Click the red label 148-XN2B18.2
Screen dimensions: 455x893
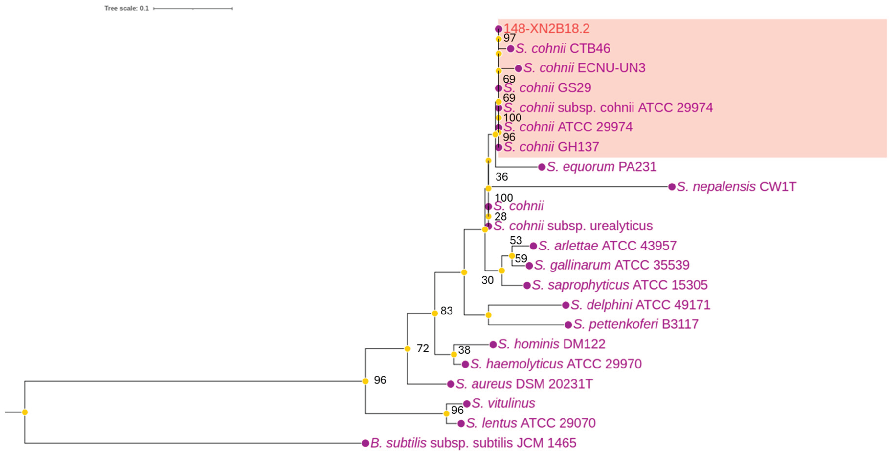(x=546, y=29)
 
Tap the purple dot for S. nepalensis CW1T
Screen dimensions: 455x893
(x=672, y=187)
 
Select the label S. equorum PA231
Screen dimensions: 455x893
(x=601, y=167)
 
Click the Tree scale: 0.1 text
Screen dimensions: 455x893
(x=126, y=8)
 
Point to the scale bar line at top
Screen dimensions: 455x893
(x=193, y=8)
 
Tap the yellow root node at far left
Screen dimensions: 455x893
(x=25, y=412)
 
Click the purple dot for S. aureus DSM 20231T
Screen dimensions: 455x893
(x=451, y=384)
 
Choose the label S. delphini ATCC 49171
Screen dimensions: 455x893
(x=640, y=305)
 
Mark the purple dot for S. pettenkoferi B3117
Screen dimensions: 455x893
(x=568, y=325)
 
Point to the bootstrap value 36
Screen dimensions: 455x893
(x=502, y=177)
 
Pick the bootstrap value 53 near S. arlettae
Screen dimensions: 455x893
(x=516, y=240)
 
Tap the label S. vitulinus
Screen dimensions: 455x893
(x=503, y=403)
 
